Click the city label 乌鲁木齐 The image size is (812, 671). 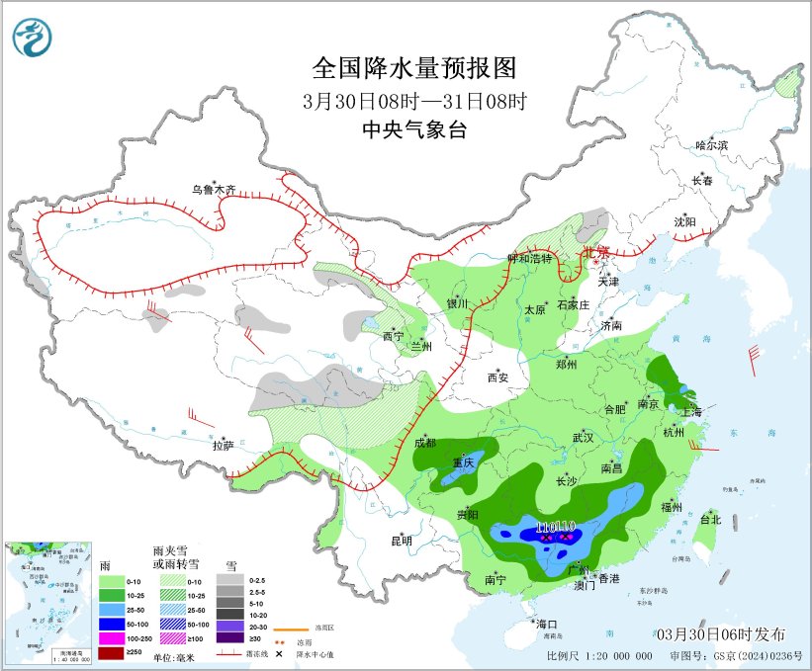point(215,189)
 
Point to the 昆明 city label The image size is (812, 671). point(401,541)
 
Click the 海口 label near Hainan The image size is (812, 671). point(547,624)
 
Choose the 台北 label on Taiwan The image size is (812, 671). point(710,518)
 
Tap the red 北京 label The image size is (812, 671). point(596,253)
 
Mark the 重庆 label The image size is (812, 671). point(463,462)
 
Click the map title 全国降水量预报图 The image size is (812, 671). point(414,68)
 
